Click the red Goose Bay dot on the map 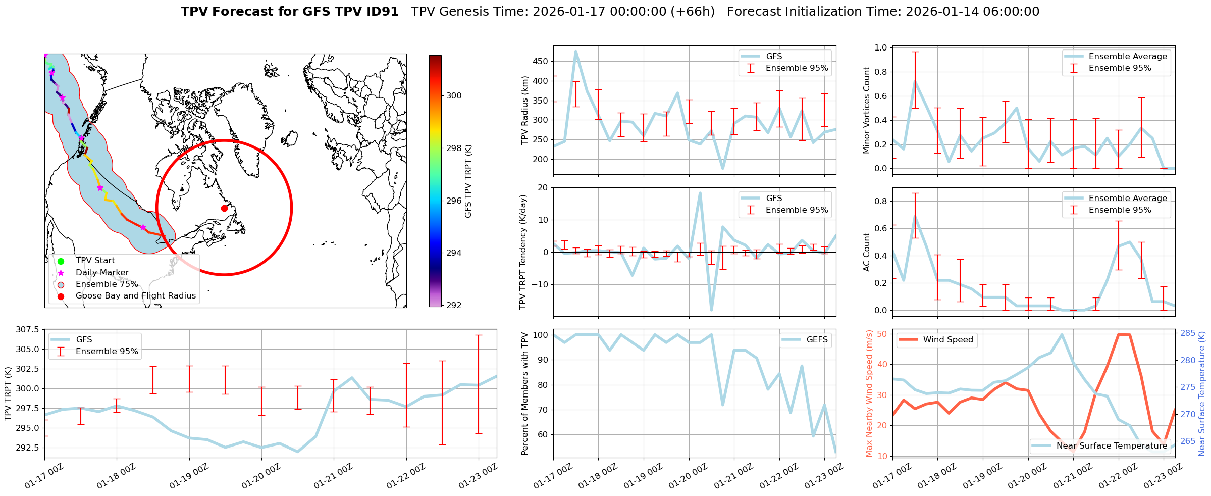(x=224, y=208)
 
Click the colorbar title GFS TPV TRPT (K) (x=468, y=181)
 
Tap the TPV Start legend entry (x=95, y=261)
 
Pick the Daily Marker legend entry (x=102, y=272)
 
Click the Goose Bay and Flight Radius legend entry (x=135, y=296)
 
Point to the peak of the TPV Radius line (x=576, y=51)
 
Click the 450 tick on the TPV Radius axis (x=541, y=62)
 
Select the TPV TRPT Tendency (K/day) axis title (x=523, y=252)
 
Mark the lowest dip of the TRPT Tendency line (x=711, y=310)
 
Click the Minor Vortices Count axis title (x=867, y=110)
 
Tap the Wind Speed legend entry (x=947, y=340)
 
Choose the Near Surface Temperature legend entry (x=1111, y=445)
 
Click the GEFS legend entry (x=817, y=340)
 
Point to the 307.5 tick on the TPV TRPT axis (x=28, y=330)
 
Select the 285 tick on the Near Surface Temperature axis (x=1187, y=333)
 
